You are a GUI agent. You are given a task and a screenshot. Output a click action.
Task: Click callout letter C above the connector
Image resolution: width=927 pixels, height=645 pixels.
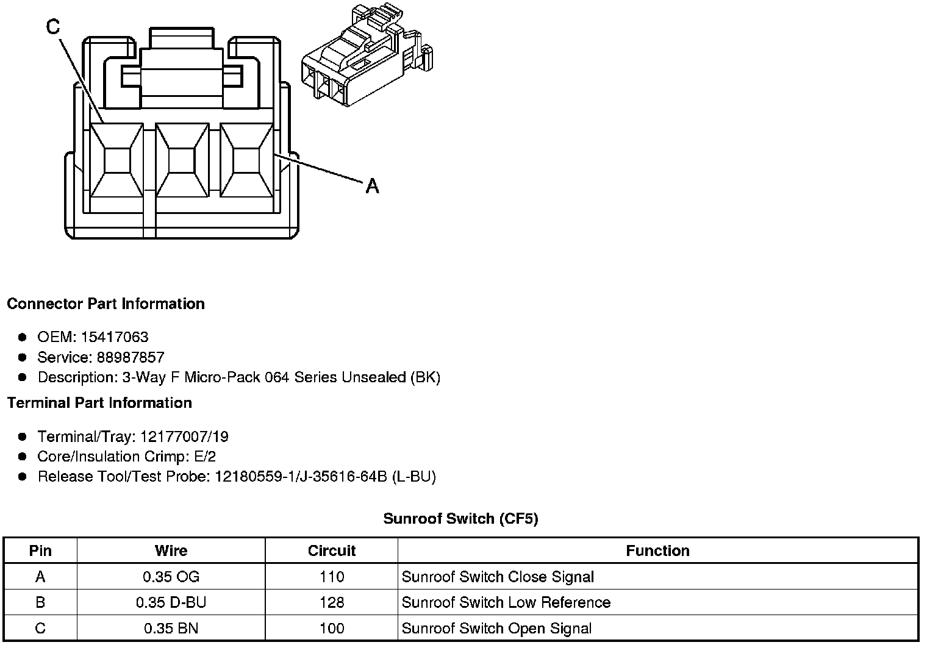click(53, 26)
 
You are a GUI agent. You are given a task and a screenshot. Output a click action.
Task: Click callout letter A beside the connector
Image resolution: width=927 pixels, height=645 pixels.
click(372, 186)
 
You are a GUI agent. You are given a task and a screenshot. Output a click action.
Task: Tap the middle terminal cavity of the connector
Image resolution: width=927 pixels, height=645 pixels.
click(181, 161)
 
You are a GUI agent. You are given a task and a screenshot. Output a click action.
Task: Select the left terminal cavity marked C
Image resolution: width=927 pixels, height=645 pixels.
click(116, 161)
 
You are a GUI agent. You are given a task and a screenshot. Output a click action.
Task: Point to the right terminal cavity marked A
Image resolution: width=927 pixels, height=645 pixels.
click(246, 161)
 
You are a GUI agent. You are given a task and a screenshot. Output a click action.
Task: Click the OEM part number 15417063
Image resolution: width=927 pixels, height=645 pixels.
click(115, 337)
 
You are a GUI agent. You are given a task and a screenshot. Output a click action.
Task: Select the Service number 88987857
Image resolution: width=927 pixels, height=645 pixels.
click(131, 357)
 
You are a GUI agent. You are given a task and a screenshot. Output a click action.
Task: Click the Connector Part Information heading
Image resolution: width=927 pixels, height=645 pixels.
click(106, 304)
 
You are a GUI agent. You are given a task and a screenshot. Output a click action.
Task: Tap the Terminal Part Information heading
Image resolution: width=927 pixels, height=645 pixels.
click(99, 403)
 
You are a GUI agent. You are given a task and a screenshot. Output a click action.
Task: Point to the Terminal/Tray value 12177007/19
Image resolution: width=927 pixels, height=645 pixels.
click(184, 437)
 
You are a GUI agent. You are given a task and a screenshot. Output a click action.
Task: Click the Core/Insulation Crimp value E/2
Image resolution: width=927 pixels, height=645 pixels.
click(203, 457)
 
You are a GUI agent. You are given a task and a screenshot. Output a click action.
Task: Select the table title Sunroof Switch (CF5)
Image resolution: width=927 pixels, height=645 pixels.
click(460, 519)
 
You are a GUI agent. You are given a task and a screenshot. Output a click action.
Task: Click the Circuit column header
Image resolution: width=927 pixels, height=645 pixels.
click(331, 551)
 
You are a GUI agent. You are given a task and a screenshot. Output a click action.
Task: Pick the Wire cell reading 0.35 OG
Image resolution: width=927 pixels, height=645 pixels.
click(171, 577)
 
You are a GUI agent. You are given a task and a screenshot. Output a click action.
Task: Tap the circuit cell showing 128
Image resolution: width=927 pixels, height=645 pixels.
click(331, 602)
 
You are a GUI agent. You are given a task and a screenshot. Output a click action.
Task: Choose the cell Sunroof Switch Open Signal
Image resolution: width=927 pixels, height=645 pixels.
click(496, 629)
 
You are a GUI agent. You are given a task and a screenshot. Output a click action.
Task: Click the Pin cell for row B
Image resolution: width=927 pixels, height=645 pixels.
click(40, 602)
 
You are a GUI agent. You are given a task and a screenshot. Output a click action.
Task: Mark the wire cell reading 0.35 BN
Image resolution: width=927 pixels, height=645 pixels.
click(171, 629)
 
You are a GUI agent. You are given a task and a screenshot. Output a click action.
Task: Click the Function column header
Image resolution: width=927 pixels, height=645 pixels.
click(657, 551)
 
